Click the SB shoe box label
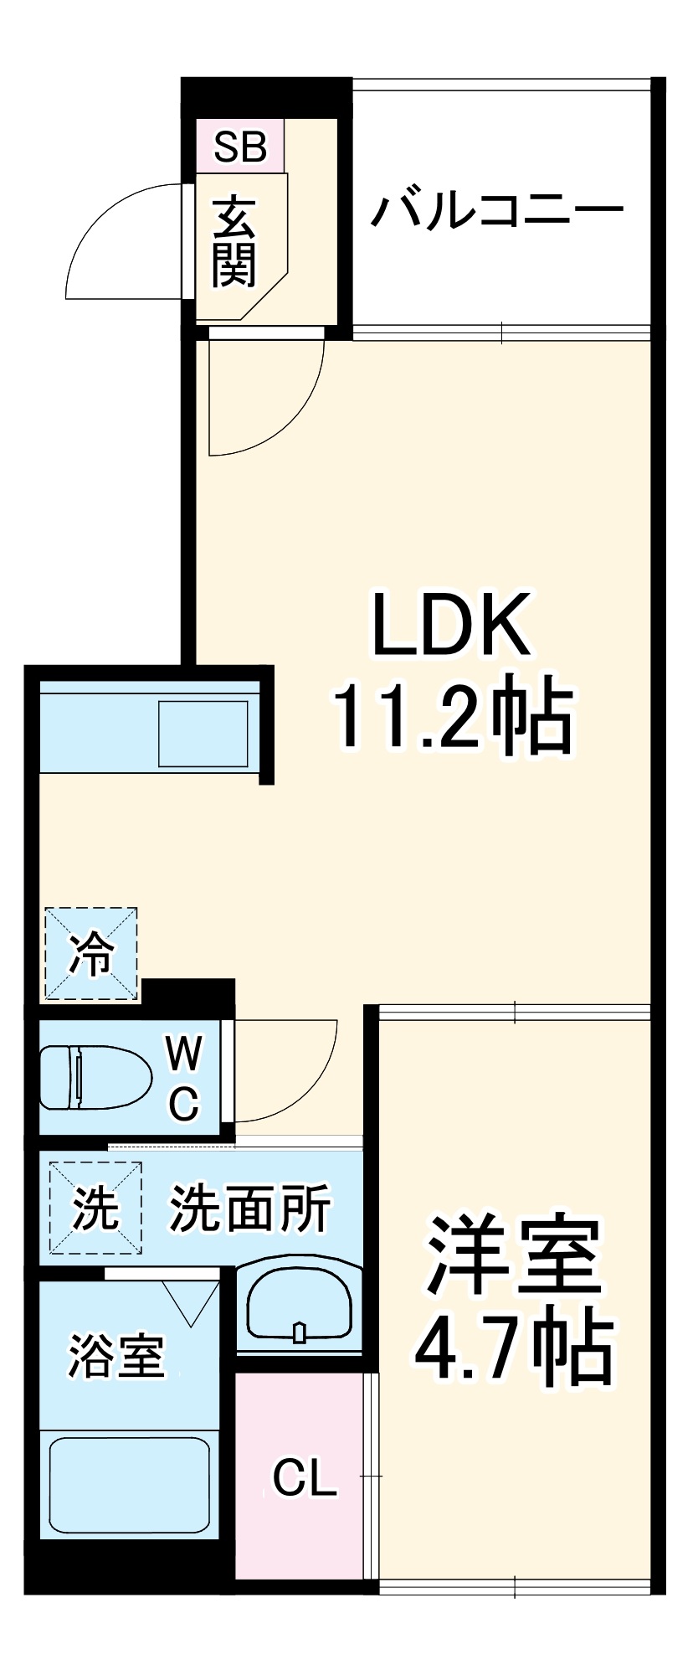pos(240,147)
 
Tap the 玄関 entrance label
pos(234,243)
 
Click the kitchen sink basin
pos(203,734)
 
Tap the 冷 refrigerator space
pos(90,953)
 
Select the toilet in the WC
pos(94,1077)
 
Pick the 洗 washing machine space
pos(95,1207)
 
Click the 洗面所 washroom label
pos(250,1207)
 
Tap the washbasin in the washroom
pos(299,1309)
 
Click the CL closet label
pos(305,1479)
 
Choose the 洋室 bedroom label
pos(513,1254)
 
